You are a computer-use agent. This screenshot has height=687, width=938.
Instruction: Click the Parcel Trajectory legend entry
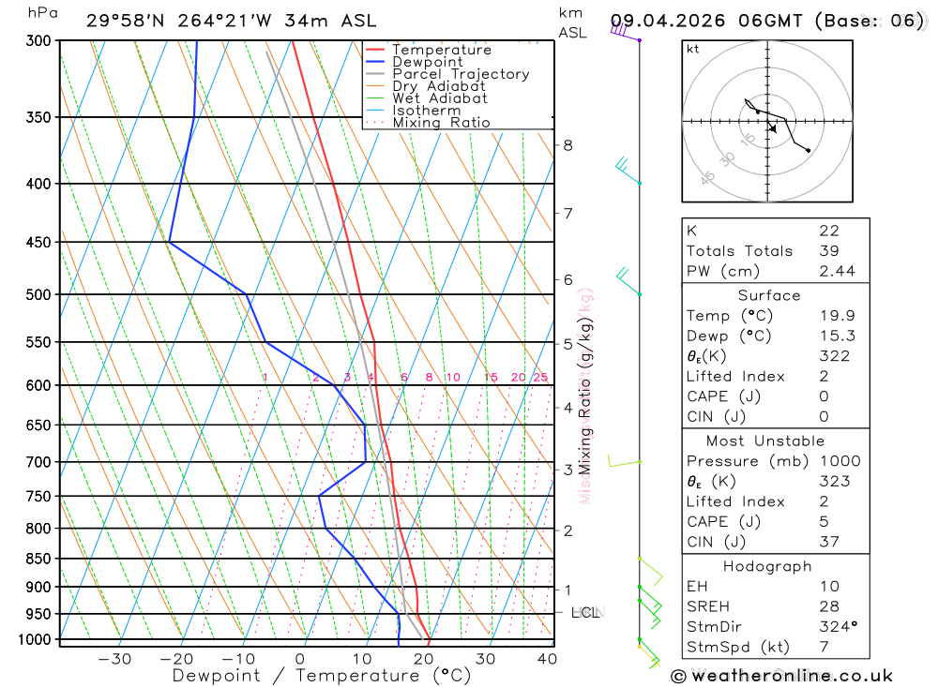click(461, 74)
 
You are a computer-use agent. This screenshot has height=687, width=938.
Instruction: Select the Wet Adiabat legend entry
click(439, 98)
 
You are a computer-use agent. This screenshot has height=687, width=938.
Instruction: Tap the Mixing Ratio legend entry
click(441, 123)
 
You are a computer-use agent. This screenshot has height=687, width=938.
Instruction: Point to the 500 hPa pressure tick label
click(38, 294)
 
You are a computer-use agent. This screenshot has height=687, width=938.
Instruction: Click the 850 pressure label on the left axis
click(38, 559)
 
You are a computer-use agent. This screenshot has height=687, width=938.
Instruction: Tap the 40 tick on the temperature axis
click(547, 659)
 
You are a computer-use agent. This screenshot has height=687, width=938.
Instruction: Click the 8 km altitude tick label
click(567, 145)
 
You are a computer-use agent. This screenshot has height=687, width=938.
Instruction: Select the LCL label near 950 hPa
click(584, 613)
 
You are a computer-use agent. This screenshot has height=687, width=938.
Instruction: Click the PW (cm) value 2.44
click(828, 271)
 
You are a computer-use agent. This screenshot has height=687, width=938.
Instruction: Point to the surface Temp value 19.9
click(828, 316)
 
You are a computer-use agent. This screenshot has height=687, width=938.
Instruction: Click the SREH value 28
click(828, 606)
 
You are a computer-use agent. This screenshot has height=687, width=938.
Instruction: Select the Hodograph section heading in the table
click(767, 566)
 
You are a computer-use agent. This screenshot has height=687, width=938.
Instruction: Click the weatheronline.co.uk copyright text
click(781, 676)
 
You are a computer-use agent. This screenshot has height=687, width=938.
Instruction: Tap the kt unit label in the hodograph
click(692, 49)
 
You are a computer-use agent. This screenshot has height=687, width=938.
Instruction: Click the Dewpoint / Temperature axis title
click(321, 675)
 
